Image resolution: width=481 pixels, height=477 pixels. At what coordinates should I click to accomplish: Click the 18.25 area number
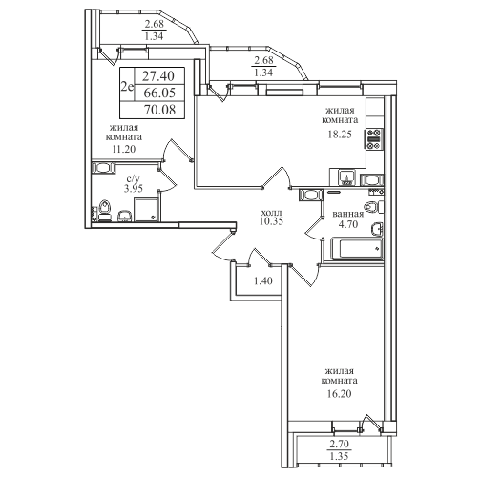(x=340, y=135)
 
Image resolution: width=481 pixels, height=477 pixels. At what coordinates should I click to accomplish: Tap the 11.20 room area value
(x=123, y=149)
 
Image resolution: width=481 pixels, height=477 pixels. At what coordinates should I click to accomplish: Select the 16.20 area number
(x=340, y=394)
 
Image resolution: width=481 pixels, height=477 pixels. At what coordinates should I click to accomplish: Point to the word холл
(x=271, y=212)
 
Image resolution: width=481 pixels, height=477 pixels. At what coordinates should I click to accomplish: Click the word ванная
(x=348, y=214)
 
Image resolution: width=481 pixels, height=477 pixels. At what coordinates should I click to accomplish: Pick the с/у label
(x=134, y=179)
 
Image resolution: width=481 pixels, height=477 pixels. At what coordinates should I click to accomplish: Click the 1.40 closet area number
(x=263, y=281)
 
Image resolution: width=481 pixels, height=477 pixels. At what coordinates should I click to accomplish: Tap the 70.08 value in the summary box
(x=159, y=110)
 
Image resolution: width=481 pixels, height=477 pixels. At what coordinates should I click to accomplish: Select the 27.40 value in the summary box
(x=158, y=76)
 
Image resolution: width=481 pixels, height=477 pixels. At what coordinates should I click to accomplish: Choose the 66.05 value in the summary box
(x=159, y=93)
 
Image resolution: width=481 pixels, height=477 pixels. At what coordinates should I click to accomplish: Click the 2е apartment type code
(x=127, y=86)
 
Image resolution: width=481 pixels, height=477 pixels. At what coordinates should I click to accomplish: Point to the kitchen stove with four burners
(x=374, y=139)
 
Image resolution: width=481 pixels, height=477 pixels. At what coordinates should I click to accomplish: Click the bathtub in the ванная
(x=356, y=249)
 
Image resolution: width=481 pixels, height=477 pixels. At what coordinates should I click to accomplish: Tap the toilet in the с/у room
(x=105, y=211)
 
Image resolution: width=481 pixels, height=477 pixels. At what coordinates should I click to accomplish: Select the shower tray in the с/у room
(x=146, y=210)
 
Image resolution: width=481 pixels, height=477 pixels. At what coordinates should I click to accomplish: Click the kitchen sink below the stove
(x=347, y=177)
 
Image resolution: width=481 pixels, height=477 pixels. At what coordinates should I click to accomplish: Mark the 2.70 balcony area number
(x=340, y=444)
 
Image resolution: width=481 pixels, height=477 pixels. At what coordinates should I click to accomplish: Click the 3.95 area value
(x=134, y=189)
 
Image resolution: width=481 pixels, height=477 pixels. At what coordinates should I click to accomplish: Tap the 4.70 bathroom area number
(x=348, y=224)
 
